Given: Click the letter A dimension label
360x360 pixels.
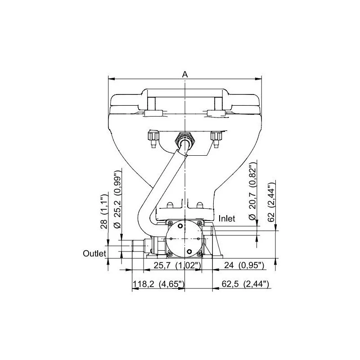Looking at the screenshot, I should [x=185, y=74].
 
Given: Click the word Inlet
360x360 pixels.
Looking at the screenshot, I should [x=227, y=218].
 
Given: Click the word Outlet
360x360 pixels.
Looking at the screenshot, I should [x=94, y=254].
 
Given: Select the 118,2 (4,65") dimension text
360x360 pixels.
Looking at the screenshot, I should [x=158, y=284].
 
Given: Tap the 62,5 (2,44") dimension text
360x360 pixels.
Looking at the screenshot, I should [x=246, y=284].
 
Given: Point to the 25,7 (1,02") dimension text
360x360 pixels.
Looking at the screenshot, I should [x=176, y=265].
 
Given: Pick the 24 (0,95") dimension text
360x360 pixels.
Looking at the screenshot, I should [x=243, y=265].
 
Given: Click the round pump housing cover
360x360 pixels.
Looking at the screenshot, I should [x=184, y=238].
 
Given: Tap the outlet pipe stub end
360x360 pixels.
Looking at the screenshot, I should [x=134, y=247].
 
